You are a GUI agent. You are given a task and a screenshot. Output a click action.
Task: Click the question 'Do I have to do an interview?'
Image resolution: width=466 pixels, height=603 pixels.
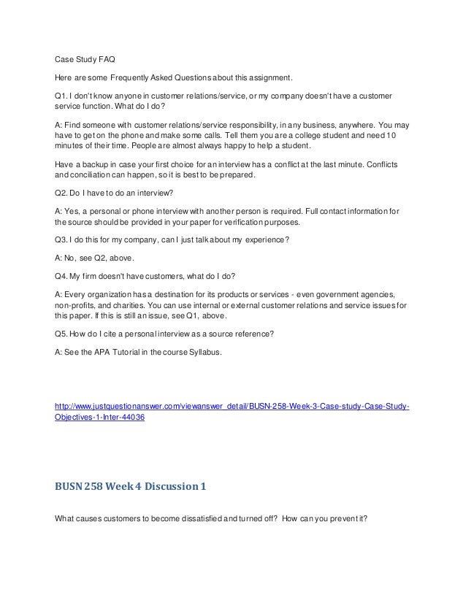(120, 194)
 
